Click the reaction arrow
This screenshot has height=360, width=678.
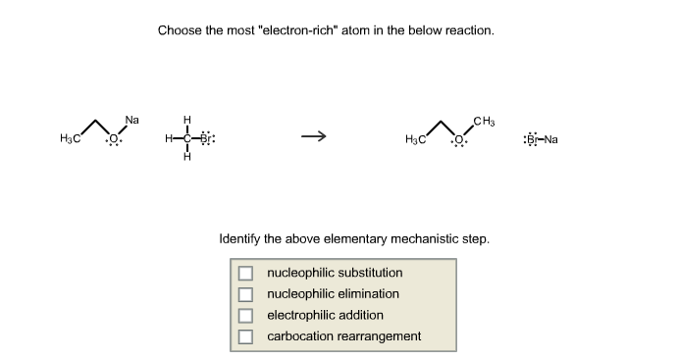313,137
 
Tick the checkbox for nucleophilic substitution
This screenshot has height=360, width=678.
245,273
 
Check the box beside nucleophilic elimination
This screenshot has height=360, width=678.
245,294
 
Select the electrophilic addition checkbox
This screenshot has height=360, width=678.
245,316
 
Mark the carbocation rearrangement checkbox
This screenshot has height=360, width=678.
245,336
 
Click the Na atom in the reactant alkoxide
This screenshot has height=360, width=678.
132,120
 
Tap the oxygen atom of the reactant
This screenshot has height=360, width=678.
115,138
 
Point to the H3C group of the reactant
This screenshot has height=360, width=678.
69,139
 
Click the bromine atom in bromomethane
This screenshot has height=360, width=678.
206,139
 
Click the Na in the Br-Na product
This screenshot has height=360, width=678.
550,139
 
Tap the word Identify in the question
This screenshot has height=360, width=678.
240,238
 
